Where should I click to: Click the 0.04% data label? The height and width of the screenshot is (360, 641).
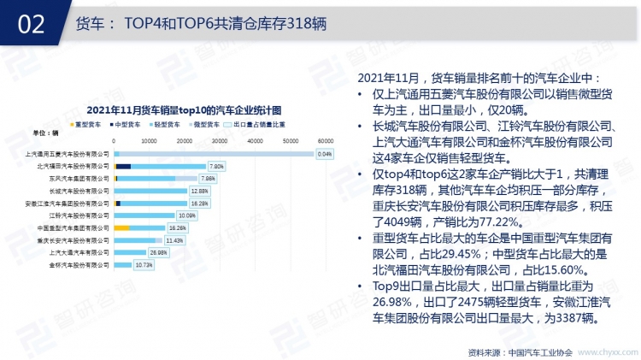click(x=324, y=154)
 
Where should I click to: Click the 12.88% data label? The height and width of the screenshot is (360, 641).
click(x=199, y=191)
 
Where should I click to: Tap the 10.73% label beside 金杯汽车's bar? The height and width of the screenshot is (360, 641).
click(x=144, y=265)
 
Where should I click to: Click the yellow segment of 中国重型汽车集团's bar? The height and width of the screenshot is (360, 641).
click(x=121, y=228)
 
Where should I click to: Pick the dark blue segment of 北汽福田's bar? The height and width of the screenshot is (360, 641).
click(x=123, y=166)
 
